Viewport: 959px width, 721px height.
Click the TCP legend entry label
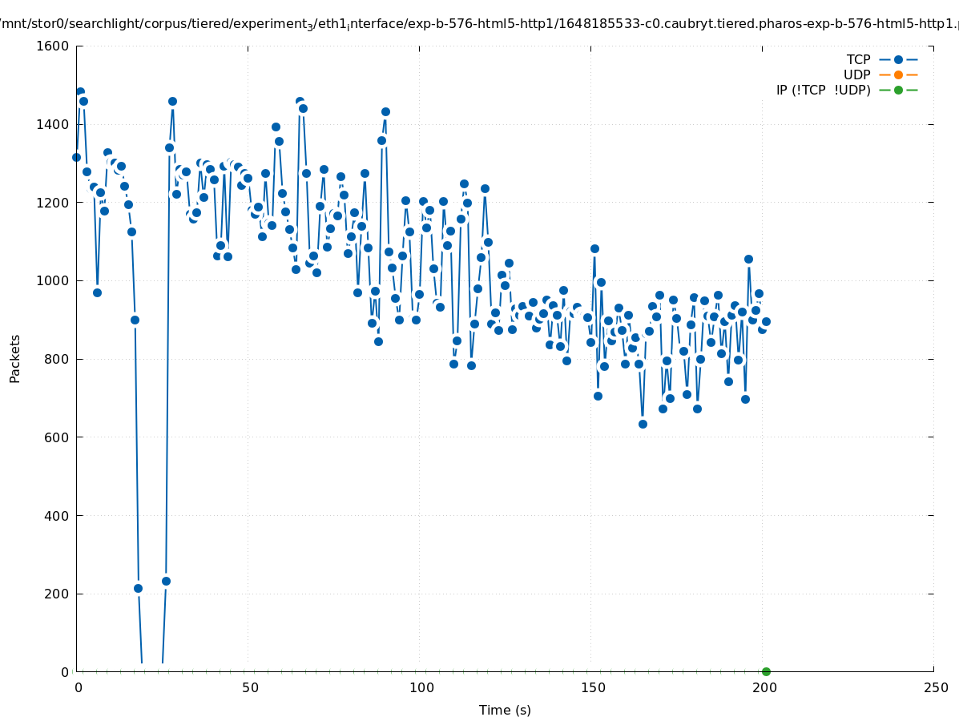pos(858,59)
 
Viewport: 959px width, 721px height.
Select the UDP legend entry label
pos(856,75)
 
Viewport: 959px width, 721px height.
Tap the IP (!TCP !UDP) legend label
pos(823,90)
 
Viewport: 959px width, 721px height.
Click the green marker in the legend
pos(898,90)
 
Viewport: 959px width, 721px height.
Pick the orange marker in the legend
pos(898,75)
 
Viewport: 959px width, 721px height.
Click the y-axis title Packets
pos(15,358)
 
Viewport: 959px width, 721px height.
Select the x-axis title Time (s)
pos(505,710)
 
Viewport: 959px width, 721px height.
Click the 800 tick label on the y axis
pos(56,359)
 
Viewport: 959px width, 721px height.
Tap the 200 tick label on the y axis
pos(56,594)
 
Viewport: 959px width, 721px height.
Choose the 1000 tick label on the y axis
pos(53,280)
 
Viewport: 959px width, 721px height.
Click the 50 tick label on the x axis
pos(250,687)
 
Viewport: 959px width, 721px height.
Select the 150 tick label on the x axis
pos(593,687)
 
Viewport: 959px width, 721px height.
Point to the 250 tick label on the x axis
pos(935,687)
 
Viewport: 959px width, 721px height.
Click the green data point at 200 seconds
pos(766,671)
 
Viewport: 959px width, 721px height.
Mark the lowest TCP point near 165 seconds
pos(643,424)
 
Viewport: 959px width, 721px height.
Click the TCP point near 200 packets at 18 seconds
pos(138,588)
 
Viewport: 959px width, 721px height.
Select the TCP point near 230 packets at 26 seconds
pos(166,581)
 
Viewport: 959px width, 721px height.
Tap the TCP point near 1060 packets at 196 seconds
pos(748,259)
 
